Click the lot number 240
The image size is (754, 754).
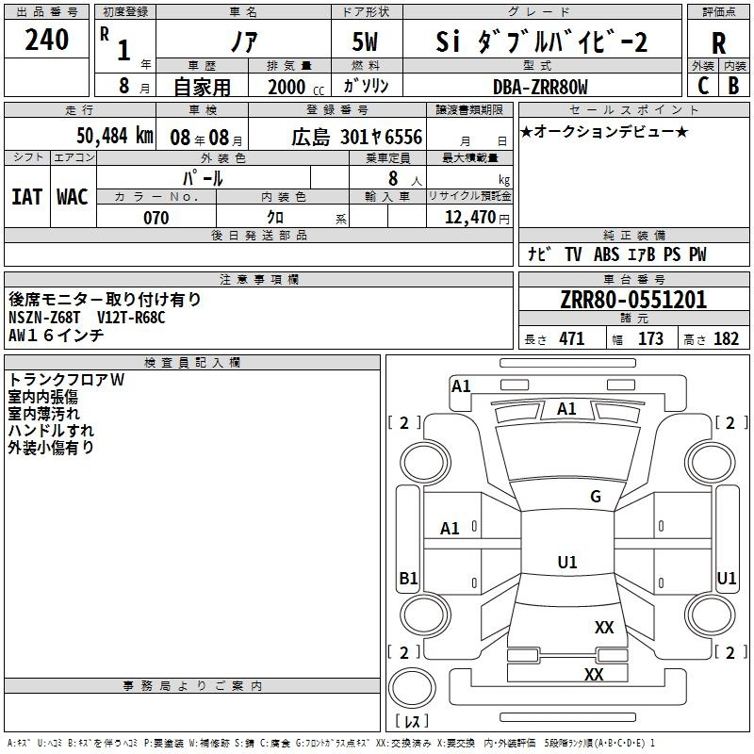pos(47,41)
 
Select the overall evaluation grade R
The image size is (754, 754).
pos(718,43)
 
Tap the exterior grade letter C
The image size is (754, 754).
pos(702,85)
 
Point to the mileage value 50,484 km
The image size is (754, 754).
pos(114,136)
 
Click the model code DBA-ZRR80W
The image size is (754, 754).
pos(540,87)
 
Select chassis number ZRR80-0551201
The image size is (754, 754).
pos(632,301)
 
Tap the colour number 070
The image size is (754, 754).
pos(156,218)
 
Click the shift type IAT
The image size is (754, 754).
pos(26,196)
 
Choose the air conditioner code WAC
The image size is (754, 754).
pos(73,196)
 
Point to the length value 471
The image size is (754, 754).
pos(571,339)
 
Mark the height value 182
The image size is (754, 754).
pos(726,339)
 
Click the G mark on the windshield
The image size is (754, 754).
pos(595,497)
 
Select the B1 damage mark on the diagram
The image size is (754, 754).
pos(408,579)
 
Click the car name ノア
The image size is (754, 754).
pos(242,42)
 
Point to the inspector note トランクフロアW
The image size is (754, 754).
pos(66,380)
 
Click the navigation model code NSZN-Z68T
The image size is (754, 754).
pos(46,318)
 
